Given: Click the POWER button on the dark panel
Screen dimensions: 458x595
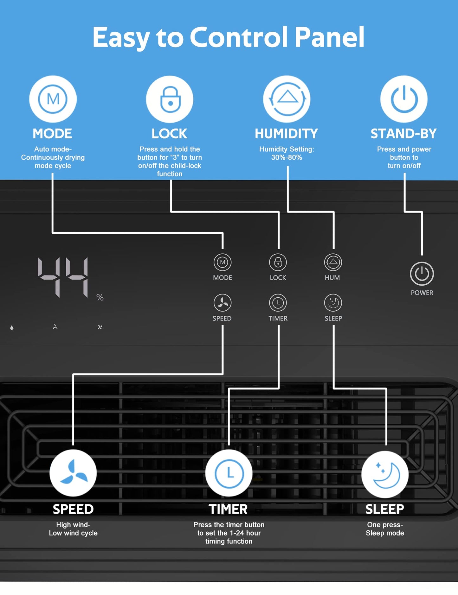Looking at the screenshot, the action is click(422, 274).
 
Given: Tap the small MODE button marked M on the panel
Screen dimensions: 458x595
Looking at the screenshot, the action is click(223, 262).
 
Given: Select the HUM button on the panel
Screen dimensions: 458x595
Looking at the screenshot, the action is click(333, 262).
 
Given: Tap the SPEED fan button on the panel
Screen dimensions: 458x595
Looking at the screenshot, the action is click(223, 303).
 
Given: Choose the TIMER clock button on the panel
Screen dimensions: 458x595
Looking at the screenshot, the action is click(278, 303).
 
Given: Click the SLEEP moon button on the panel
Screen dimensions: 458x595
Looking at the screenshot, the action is click(333, 303).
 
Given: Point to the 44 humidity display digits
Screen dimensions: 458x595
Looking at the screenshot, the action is click(63, 277).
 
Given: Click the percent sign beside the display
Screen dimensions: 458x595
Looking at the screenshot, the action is click(100, 297).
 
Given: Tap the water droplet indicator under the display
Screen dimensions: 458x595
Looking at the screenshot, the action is click(12, 328).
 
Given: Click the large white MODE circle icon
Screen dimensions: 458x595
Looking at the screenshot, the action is click(53, 99).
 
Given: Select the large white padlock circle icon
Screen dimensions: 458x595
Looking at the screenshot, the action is click(170, 99).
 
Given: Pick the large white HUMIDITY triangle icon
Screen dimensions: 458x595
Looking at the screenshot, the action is click(287, 99).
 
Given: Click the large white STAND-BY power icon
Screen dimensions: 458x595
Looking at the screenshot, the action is click(404, 99).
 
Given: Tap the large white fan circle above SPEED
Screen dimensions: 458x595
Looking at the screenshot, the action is click(73, 473).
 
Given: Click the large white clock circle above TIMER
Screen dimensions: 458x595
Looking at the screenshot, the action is click(229, 473).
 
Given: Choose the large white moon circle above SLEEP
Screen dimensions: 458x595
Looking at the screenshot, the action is click(385, 474).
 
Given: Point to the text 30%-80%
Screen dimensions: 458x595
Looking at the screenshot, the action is click(287, 157).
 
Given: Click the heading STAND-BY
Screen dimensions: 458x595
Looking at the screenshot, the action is click(404, 134).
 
